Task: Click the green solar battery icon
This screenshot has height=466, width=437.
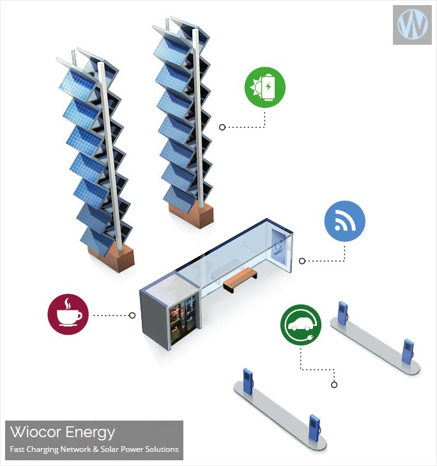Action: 265,88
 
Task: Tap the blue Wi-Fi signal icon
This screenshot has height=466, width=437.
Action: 345,222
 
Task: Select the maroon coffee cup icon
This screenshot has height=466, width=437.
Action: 68,313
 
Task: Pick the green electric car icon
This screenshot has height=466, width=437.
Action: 301,325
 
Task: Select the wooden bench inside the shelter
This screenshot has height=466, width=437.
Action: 240,277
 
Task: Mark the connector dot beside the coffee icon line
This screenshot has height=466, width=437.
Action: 132,315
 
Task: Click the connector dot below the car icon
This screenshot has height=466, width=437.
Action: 333,385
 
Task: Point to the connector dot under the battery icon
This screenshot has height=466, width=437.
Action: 222,127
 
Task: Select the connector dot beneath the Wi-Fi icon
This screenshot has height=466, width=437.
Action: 302,261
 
